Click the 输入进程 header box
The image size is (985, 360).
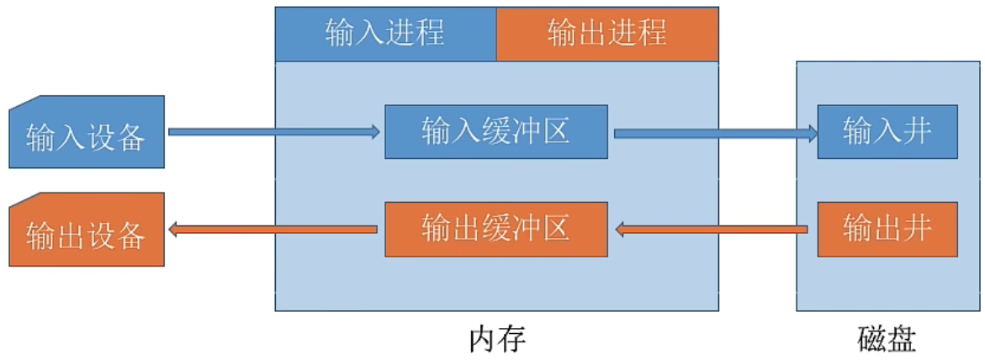tap(385, 34)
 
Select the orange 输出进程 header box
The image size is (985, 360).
tap(606, 34)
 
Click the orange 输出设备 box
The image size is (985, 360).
tap(87, 231)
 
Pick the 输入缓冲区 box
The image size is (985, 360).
tap(496, 132)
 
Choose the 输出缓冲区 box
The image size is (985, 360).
tap(496, 229)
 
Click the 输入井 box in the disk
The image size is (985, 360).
tap(887, 132)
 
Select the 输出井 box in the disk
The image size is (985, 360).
tap(887, 229)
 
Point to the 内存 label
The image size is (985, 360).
tap(496, 339)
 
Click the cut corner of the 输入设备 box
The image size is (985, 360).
tap(24, 103)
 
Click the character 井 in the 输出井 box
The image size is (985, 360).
tap(915, 229)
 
